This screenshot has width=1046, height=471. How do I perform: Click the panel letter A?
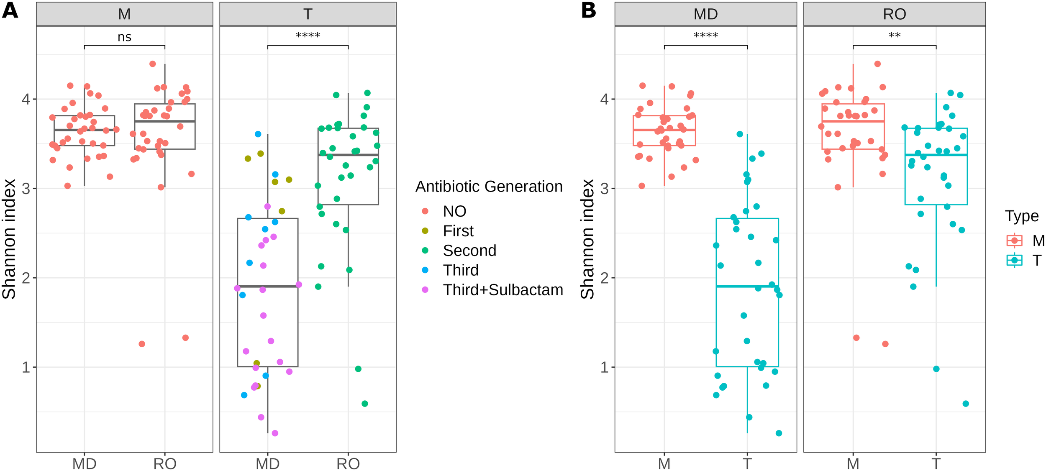click(x=10, y=10)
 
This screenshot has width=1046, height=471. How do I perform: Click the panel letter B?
click(x=588, y=10)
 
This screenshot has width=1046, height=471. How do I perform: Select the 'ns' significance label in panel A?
click(x=124, y=37)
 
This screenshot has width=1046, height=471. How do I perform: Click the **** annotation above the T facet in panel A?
click(x=308, y=36)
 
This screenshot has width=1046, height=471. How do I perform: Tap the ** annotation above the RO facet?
click(x=894, y=36)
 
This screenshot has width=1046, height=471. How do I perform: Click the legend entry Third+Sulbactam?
click(x=502, y=290)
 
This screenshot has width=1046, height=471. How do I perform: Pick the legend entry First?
click(x=458, y=231)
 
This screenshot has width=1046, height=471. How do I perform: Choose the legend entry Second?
click(x=469, y=251)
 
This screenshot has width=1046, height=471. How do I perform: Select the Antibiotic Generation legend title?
click(x=489, y=187)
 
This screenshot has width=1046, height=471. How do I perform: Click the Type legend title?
click(x=1021, y=216)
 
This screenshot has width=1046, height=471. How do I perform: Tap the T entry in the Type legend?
click(x=1036, y=261)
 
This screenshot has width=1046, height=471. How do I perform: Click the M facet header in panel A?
click(x=124, y=14)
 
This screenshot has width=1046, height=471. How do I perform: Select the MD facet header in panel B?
click(x=705, y=14)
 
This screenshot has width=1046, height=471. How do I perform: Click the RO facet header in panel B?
click(x=894, y=14)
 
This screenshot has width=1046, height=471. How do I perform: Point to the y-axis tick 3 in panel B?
click(x=604, y=189)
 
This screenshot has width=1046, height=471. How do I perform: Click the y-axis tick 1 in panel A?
click(x=26, y=367)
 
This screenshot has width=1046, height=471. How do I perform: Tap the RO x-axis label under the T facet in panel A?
click(x=348, y=463)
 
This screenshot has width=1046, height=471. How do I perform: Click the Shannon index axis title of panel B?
click(x=587, y=239)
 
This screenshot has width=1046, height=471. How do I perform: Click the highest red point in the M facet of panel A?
click(x=153, y=64)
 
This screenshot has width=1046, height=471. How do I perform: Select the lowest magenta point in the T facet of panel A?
click(x=275, y=433)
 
